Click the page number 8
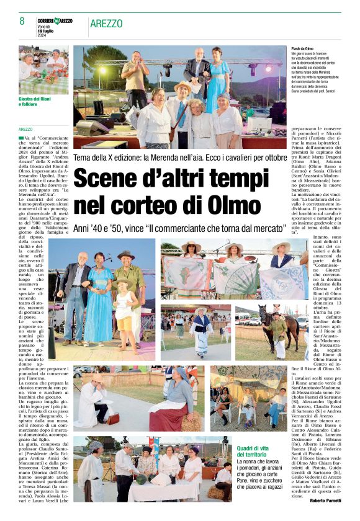tap(22, 22)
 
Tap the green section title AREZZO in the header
tap(106, 23)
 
